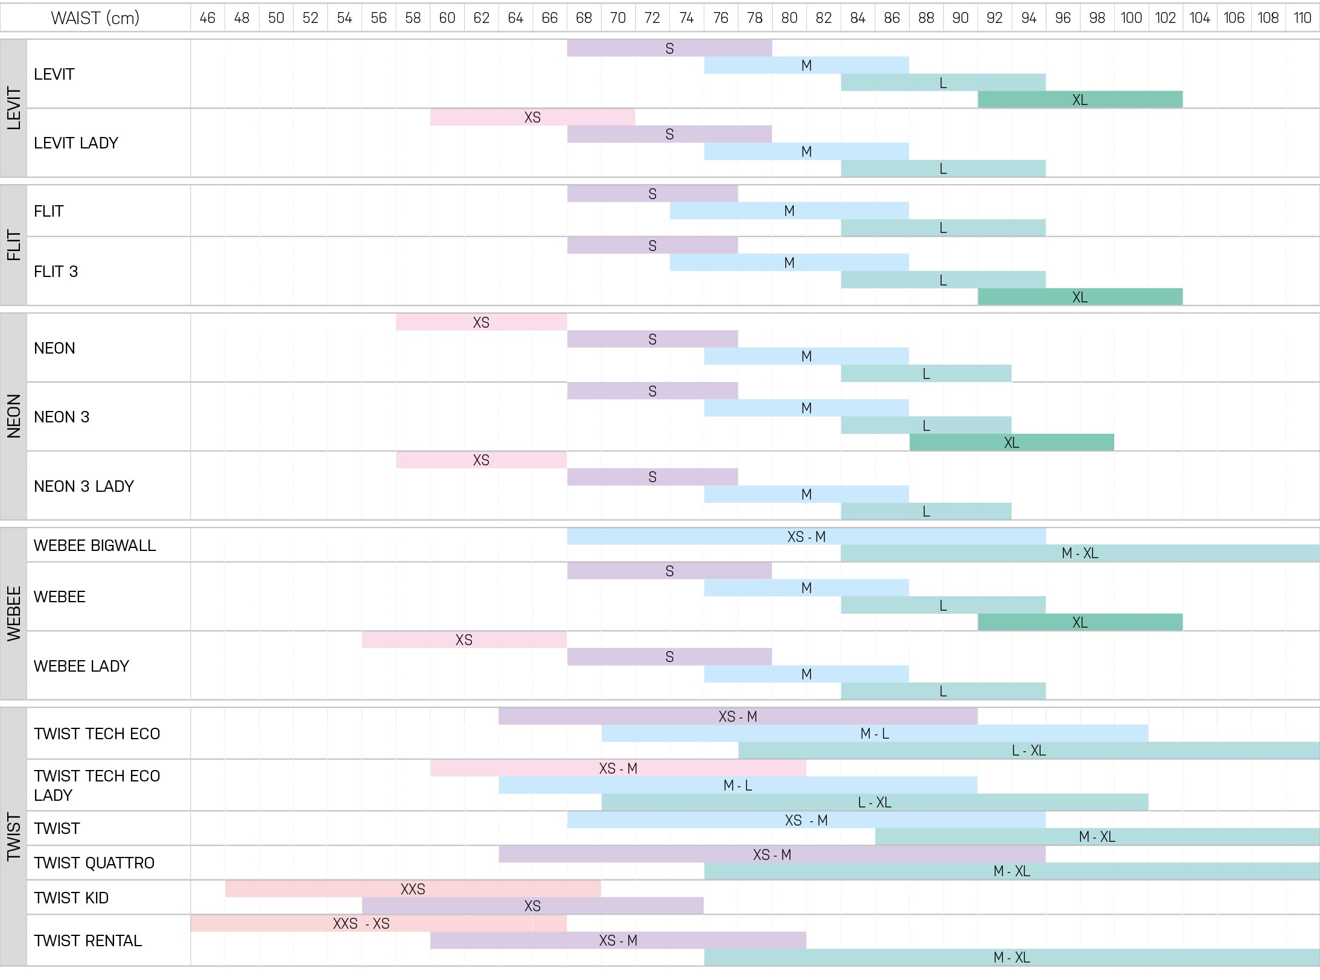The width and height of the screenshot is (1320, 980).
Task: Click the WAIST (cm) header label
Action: click(95, 18)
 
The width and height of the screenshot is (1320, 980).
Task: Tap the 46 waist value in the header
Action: click(208, 18)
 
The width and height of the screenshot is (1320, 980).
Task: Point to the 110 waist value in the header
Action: click(1302, 18)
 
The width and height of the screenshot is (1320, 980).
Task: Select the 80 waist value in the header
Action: click(789, 18)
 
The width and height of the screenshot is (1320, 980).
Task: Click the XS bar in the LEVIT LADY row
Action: click(532, 117)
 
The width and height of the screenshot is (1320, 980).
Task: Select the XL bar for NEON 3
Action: click(1012, 442)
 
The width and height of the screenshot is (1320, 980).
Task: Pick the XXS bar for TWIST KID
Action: click(413, 889)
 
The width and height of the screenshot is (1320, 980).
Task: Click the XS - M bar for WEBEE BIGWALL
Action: click(806, 536)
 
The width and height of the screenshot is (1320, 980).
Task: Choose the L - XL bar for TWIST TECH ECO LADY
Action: click(875, 802)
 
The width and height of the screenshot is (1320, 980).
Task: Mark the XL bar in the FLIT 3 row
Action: click(1080, 297)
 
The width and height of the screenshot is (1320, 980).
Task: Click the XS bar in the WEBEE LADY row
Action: click(464, 640)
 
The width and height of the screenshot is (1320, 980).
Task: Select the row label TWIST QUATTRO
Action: click(94, 863)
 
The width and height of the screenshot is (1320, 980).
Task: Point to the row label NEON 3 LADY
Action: click(84, 486)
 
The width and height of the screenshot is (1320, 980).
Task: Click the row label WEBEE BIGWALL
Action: click(95, 546)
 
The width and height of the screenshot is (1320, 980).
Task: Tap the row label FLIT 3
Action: click(56, 272)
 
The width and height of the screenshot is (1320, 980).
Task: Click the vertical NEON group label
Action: click(14, 416)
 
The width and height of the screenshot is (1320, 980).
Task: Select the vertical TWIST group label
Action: click(14, 836)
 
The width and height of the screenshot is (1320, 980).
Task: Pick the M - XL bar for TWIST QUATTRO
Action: click(1012, 871)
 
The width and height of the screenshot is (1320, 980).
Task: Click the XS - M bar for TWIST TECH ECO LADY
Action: click(618, 768)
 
